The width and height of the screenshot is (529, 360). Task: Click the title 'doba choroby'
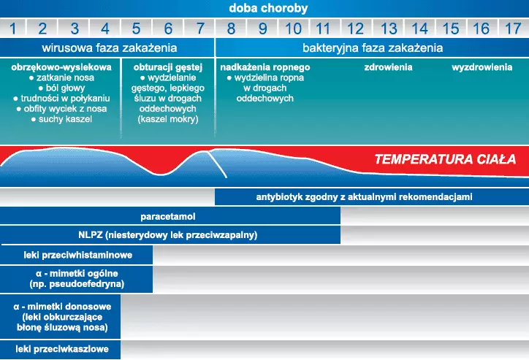[x=268, y=8]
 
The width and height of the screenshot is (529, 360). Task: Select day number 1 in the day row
[x=13, y=28]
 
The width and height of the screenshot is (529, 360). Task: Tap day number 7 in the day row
[x=200, y=28]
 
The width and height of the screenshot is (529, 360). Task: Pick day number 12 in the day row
[x=355, y=28]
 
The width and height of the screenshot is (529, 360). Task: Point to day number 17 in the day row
[x=513, y=28]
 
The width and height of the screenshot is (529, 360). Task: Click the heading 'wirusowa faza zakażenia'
[x=110, y=48]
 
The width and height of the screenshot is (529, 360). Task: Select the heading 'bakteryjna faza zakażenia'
[x=373, y=48]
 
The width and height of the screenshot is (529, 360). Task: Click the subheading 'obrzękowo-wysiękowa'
[x=61, y=67]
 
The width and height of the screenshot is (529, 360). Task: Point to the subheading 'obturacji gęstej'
[x=167, y=67]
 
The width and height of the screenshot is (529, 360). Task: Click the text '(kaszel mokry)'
[x=167, y=119]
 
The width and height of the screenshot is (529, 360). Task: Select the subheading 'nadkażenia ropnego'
[x=264, y=67]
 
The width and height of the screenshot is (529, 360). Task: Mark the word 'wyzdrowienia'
[x=482, y=67]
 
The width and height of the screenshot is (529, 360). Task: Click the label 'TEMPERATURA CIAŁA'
[x=445, y=159]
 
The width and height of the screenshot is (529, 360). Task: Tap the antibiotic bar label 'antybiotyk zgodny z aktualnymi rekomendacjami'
[x=364, y=197]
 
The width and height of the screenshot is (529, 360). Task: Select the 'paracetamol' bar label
[x=167, y=216]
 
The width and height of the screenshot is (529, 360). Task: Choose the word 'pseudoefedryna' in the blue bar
[x=85, y=284]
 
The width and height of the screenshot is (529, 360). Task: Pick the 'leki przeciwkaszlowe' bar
[x=60, y=349]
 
